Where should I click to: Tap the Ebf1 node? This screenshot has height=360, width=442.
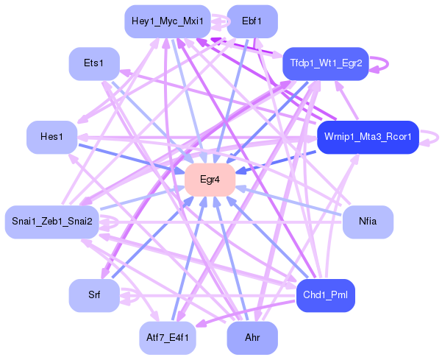click(x=252, y=21)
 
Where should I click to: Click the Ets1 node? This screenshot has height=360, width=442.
click(x=93, y=64)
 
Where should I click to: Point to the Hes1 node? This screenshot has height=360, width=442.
click(x=52, y=137)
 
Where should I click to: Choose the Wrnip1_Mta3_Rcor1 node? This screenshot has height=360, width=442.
click(x=368, y=137)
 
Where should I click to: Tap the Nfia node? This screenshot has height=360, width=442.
click(x=368, y=222)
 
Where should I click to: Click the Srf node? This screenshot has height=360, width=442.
click(x=93, y=295)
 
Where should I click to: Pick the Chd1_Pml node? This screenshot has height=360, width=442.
click(x=326, y=295)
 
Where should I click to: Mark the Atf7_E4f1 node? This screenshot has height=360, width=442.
click(x=167, y=338)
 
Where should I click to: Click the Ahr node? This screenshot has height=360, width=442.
click(x=252, y=338)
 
